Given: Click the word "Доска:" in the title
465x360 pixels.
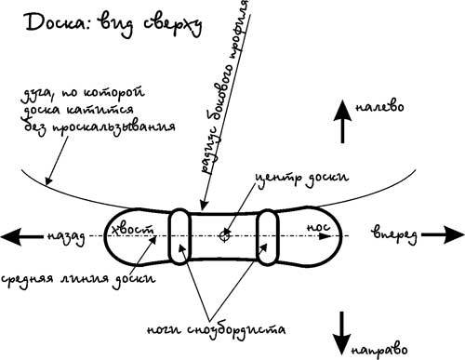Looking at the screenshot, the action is (x=59, y=22).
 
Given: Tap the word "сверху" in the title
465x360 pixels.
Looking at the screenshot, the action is (x=173, y=25).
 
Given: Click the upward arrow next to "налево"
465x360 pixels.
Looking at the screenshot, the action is (x=342, y=121).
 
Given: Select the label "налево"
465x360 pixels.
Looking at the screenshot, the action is (x=379, y=107).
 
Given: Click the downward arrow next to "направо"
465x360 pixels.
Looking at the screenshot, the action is (x=342, y=333).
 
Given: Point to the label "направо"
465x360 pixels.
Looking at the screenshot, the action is (x=379, y=350).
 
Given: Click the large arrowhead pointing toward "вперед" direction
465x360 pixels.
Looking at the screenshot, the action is (x=454, y=235).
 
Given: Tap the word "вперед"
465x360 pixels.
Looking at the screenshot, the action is (x=394, y=236).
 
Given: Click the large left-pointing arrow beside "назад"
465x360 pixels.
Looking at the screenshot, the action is (x=21, y=237).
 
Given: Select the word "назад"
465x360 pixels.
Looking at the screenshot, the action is (x=66, y=238).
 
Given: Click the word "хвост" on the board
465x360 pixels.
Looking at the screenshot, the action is (x=132, y=230).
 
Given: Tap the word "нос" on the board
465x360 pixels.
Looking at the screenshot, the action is (x=318, y=227).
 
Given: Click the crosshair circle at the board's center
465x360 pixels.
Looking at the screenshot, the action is (x=224, y=236).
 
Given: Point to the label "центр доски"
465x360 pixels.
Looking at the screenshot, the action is (x=301, y=178).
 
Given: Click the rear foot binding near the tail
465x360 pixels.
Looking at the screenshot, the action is (x=179, y=236).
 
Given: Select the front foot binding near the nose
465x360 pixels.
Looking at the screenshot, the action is (x=267, y=237).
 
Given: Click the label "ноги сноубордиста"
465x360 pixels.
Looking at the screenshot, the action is (x=216, y=329).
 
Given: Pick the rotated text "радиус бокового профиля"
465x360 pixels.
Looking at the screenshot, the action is (x=226, y=86).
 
